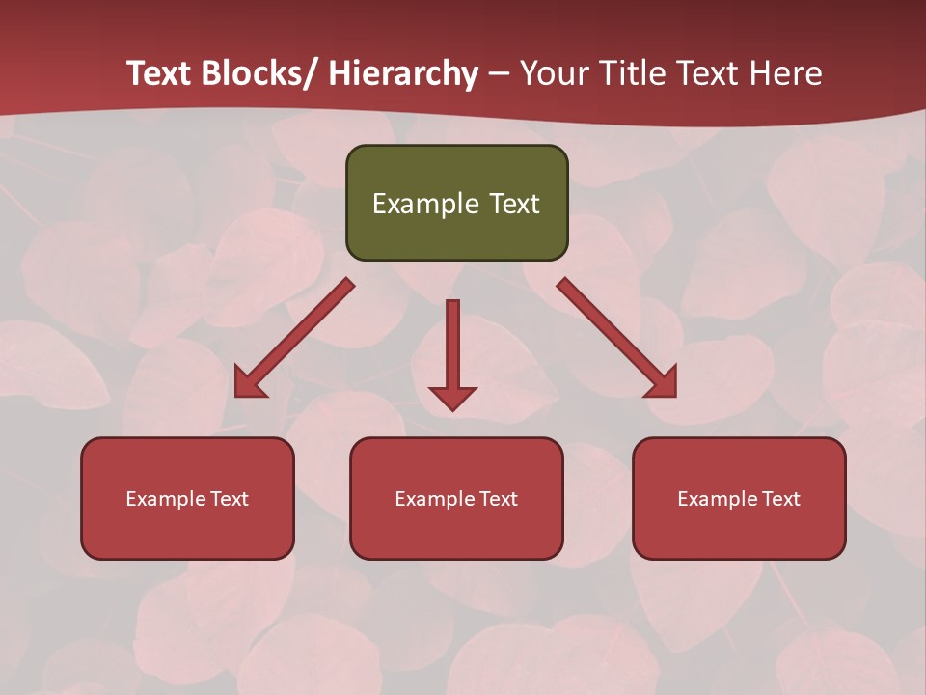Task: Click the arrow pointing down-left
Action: [294, 338]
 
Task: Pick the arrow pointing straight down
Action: [452, 347]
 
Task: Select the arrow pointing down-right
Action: [617, 338]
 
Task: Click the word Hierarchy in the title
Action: [403, 73]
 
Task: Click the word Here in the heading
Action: [785, 73]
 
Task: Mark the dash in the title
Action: [499, 73]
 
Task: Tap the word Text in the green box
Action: [513, 204]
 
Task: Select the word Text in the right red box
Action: [779, 499]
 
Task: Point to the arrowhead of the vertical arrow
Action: [452, 398]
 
